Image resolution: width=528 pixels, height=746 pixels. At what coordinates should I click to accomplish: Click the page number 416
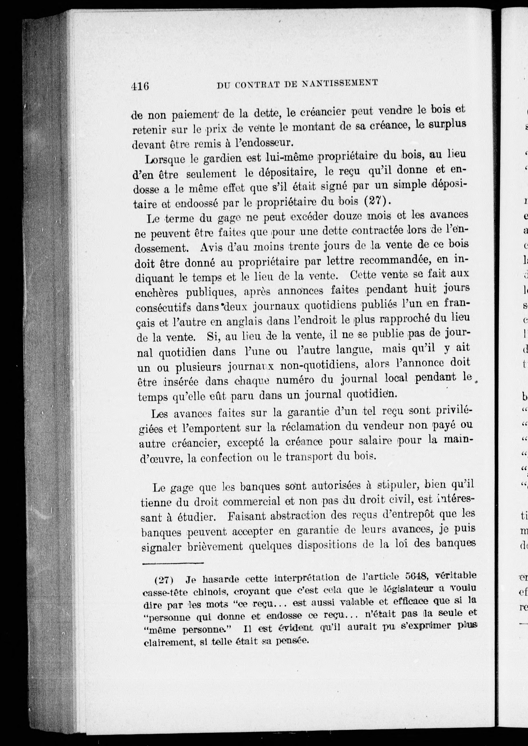click(140, 86)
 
